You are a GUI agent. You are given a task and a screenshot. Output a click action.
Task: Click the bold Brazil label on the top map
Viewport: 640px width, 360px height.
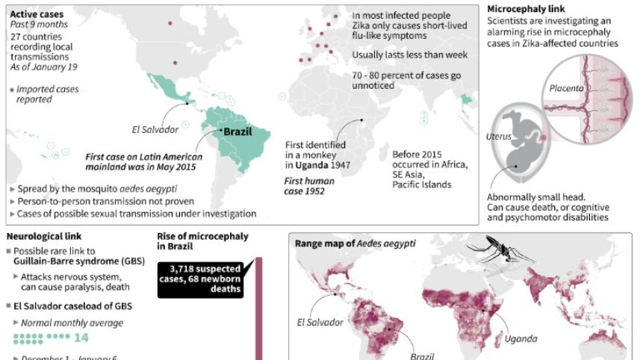(237, 132)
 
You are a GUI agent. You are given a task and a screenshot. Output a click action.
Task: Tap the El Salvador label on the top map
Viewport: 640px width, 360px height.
(155, 129)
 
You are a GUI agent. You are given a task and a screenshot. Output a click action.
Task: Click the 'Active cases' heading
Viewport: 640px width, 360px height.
(37, 14)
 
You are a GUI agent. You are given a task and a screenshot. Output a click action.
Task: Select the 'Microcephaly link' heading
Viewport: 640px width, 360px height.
(521, 8)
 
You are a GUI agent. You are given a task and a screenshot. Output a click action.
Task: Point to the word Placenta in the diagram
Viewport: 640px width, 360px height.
(567, 88)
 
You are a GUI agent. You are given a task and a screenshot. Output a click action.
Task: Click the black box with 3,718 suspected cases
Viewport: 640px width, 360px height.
(204, 278)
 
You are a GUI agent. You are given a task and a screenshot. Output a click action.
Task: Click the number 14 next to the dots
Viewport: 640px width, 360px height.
(81, 338)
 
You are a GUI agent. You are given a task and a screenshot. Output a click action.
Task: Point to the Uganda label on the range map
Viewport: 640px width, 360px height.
(521, 338)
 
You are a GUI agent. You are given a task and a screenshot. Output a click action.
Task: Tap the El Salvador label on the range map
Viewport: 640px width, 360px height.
(320, 323)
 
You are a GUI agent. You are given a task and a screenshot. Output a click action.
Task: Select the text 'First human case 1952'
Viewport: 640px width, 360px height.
(309, 186)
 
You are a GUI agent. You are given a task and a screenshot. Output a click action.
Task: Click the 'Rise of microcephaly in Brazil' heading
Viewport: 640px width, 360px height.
(202, 241)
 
